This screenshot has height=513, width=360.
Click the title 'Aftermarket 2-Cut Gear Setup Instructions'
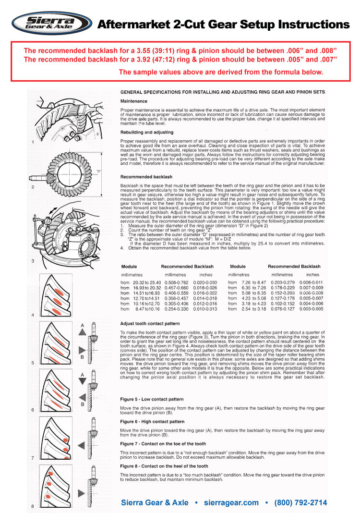tap(223, 24)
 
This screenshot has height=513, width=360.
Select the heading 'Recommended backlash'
tap(146, 177)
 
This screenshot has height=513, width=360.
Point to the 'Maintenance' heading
tap(134, 101)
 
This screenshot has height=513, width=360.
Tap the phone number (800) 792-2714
tap(300, 503)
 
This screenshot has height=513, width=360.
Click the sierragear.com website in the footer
tap(231, 503)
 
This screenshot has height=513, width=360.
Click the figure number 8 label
tap(32, 506)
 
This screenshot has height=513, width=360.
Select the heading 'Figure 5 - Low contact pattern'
tap(152, 399)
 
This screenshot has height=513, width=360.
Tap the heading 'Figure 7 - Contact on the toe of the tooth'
tap(163, 444)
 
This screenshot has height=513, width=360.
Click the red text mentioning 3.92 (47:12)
tap(180, 59)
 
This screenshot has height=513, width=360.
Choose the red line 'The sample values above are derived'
tap(221, 72)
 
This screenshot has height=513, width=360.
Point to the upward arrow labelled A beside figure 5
tap(84, 331)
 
